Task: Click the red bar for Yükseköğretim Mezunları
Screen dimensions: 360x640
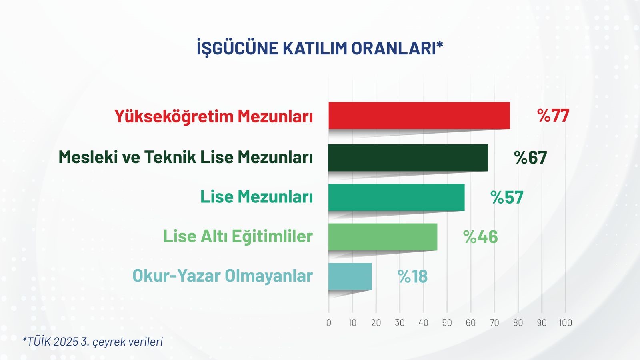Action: point(419,116)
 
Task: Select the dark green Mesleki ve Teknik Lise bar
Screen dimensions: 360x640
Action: point(408,158)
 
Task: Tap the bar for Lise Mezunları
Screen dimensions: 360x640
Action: point(396,197)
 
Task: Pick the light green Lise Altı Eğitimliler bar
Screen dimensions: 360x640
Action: point(383,237)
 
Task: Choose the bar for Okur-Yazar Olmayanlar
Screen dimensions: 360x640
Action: point(350,276)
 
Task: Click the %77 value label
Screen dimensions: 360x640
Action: point(553,116)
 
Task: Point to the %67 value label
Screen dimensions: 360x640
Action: point(530,158)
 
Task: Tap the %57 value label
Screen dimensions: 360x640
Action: point(507,198)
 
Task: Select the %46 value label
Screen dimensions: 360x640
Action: point(480,237)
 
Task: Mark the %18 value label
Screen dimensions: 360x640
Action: point(412,276)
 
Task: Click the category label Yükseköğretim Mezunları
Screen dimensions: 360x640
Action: point(214,116)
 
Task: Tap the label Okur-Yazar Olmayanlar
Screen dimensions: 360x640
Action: point(222,276)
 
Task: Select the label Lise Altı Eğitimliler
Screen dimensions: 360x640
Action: point(238,236)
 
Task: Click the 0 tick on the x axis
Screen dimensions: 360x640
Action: point(329,323)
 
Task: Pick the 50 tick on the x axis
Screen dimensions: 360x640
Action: point(447,323)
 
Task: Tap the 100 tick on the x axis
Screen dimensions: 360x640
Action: point(565,323)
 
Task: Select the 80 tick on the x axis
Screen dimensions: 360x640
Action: point(518,323)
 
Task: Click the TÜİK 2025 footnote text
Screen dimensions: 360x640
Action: point(93,342)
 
